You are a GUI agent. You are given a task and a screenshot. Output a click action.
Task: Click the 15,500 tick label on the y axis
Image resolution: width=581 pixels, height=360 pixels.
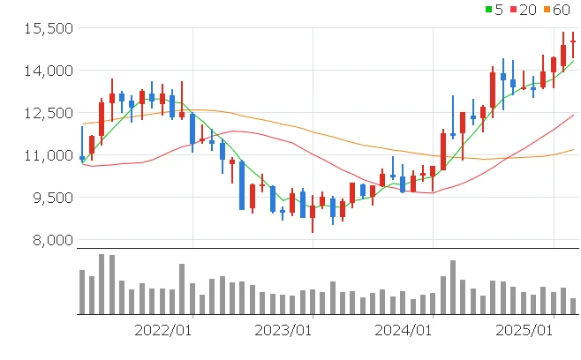click(47, 28)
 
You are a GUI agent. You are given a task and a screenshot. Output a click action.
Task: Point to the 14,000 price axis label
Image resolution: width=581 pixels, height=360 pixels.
click(47, 71)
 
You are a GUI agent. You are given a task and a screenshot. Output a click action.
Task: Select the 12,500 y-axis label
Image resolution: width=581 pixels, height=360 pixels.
click(47, 113)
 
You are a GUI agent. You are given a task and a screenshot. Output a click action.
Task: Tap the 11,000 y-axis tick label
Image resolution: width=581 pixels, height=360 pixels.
click(47, 155)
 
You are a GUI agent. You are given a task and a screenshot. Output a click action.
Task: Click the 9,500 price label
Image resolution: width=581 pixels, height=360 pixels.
click(49, 198)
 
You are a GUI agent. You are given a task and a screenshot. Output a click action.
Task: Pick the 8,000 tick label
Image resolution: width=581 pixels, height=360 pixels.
click(49, 240)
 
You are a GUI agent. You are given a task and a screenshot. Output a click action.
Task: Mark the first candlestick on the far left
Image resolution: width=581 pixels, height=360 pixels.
click(82, 157)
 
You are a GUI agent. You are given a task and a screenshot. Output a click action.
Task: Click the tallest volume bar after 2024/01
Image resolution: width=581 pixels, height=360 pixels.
click(453, 287)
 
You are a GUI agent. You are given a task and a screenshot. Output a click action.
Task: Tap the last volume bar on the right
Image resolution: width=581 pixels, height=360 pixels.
click(573, 305)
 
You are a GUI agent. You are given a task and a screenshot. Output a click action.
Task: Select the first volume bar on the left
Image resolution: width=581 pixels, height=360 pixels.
click(82, 291)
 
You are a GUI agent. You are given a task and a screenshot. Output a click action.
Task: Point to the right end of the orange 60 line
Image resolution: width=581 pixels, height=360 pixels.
click(573, 149)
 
